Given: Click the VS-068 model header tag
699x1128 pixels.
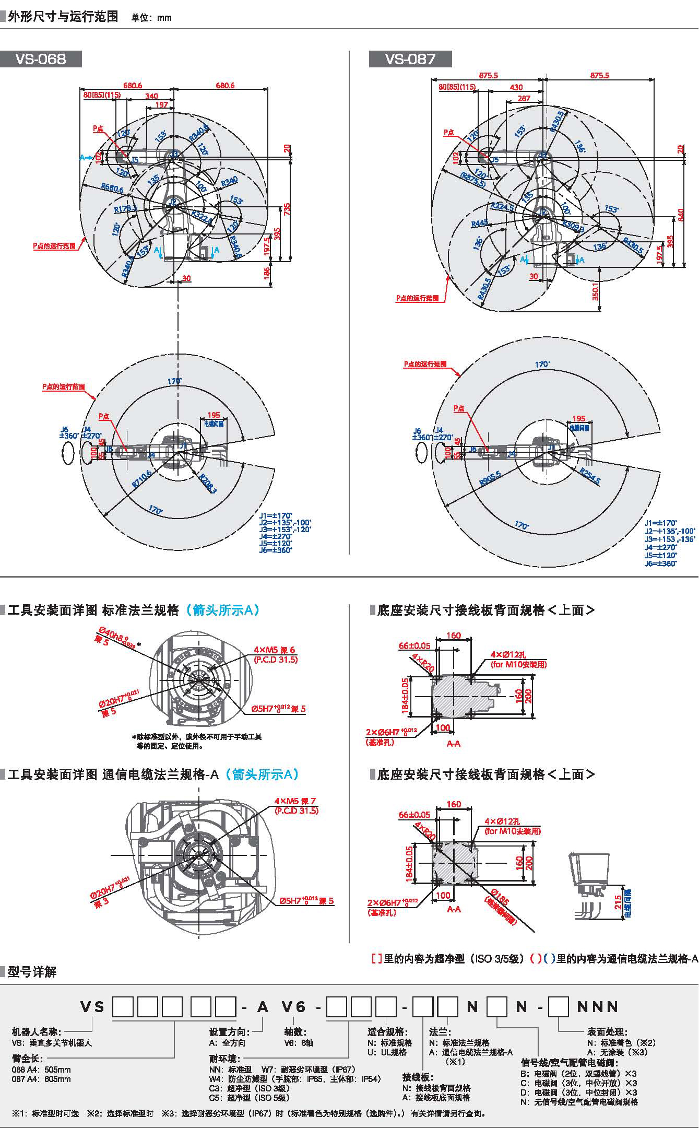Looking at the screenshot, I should [41, 59].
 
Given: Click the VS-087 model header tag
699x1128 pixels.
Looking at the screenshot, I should [410, 59].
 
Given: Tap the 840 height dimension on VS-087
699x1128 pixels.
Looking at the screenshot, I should [680, 214].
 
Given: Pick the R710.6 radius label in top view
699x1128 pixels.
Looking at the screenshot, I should [141, 478].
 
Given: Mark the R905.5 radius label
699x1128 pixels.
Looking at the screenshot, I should [491, 478].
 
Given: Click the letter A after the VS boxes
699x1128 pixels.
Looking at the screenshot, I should [263, 1007].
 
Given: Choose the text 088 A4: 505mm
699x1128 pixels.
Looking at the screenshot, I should [41, 1070].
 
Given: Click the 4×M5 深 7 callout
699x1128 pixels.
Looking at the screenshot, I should [295, 801].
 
